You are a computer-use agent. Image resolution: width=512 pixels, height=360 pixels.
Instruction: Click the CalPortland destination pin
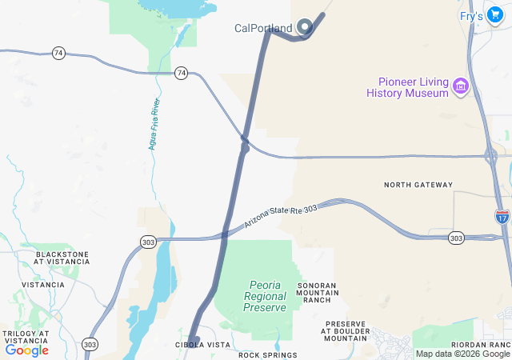point(304,27)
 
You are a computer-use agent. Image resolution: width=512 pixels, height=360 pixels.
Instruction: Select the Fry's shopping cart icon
point(496,15)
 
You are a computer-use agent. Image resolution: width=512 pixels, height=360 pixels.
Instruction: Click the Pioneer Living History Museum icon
point(460,85)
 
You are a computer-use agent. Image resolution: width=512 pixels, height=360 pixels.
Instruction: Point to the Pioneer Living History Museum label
point(407,87)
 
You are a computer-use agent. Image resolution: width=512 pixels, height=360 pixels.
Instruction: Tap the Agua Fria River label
point(152,124)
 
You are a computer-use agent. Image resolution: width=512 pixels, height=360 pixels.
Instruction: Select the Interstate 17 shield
point(501,216)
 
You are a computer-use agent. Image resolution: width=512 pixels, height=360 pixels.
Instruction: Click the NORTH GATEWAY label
point(418,185)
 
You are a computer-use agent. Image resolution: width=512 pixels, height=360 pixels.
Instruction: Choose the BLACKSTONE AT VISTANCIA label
point(62,258)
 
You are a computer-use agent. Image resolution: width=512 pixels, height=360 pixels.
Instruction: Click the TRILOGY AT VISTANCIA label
point(26,337)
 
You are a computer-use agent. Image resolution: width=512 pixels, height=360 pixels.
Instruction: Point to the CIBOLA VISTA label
point(202,345)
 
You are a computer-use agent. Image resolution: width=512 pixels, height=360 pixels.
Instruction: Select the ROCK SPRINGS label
point(267,354)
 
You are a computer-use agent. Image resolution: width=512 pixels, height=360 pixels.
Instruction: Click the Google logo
point(27,350)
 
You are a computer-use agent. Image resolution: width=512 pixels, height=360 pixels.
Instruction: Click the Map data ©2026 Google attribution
point(462,354)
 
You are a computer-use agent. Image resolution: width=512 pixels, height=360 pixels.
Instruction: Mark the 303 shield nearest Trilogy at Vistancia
point(90,344)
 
